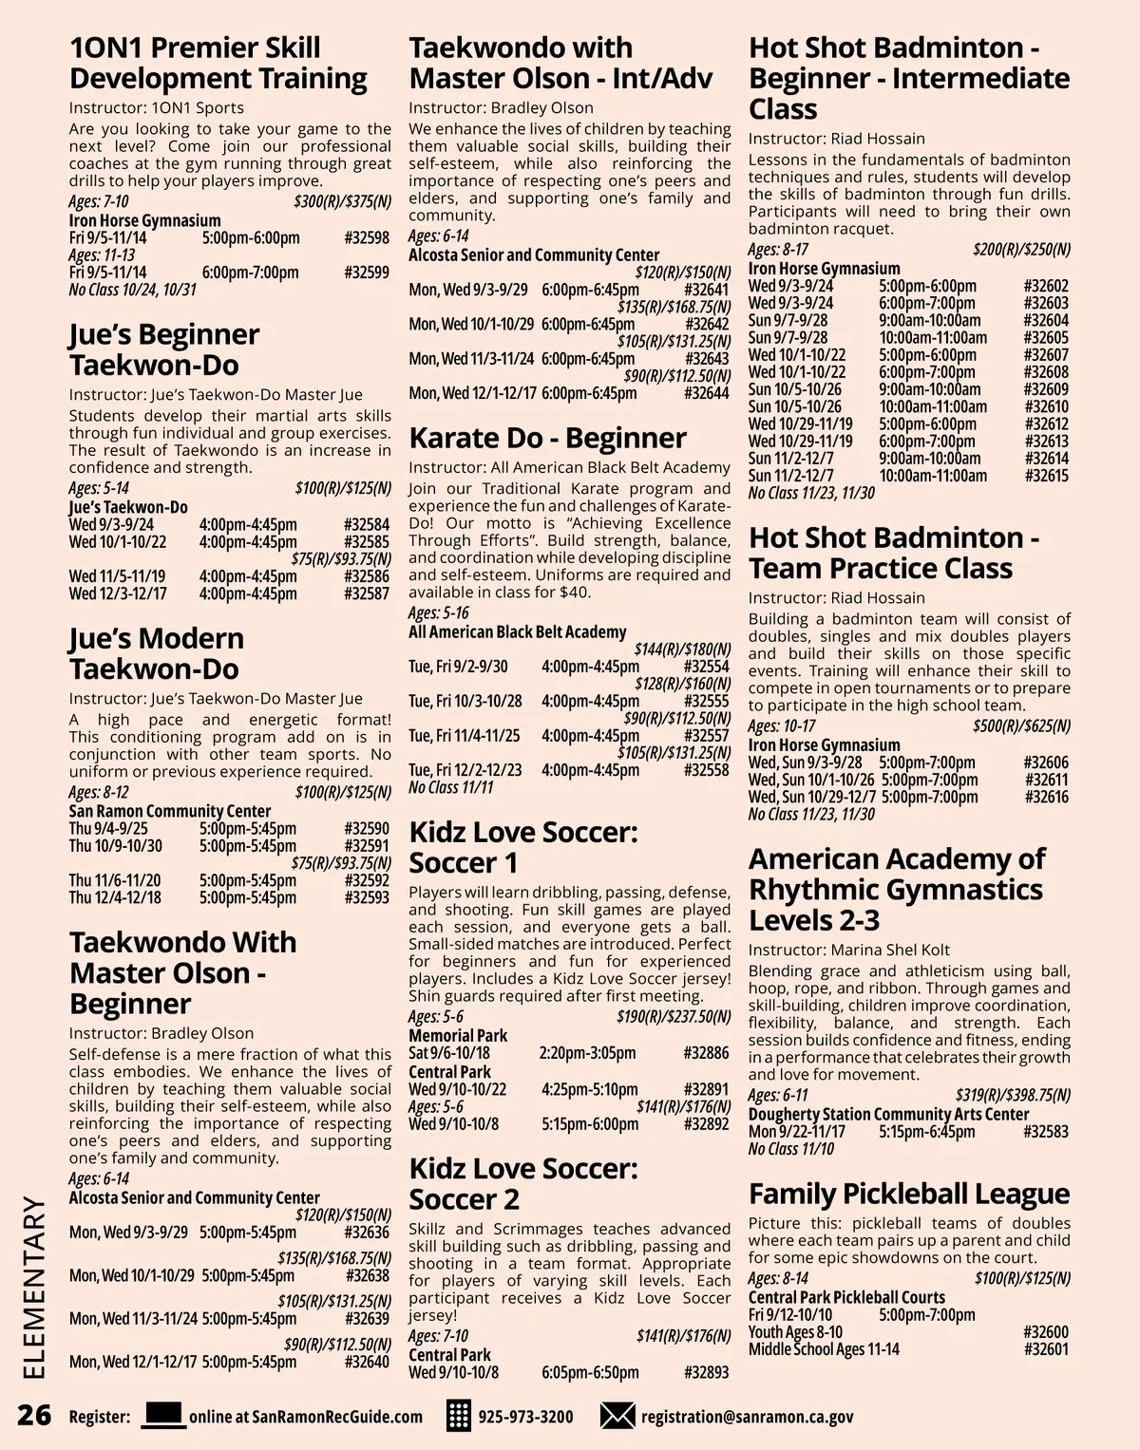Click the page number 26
pyautogui.click(x=34, y=1415)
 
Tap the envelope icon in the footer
pyautogui.click(x=617, y=1416)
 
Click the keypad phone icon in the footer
pyautogui.click(x=459, y=1416)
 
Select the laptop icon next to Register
pyautogui.click(x=162, y=1415)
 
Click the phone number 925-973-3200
pyautogui.click(x=525, y=1417)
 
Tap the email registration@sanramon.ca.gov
pyautogui.click(x=747, y=1417)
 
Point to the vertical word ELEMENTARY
pyautogui.click(x=33, y=1288)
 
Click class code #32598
pyautogui.click(x=367, y=237)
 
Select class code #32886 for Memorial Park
pyautogui.click(x=706, y=1053)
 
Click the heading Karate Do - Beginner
pyautogui.click(x=547, y=438)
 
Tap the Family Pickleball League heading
pyautogui.click(x=908, y=1194)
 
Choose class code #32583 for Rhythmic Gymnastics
pyautogui.click(x=1046, y=1132)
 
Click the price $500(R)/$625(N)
pyautogui.click(x=1021, y=726)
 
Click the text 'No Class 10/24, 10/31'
pyautogui.click(x=132, y=290)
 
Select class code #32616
pyautogui.click(x=1046, y=797)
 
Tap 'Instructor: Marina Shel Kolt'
pyautogui.click(x=848, y=950)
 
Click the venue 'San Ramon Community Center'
pyautogui.click(x=169, y=811)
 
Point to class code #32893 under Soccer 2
pyautogui.click(x=706, y=1372)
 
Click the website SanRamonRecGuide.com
pyautogui.click(x=306, y=1417)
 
